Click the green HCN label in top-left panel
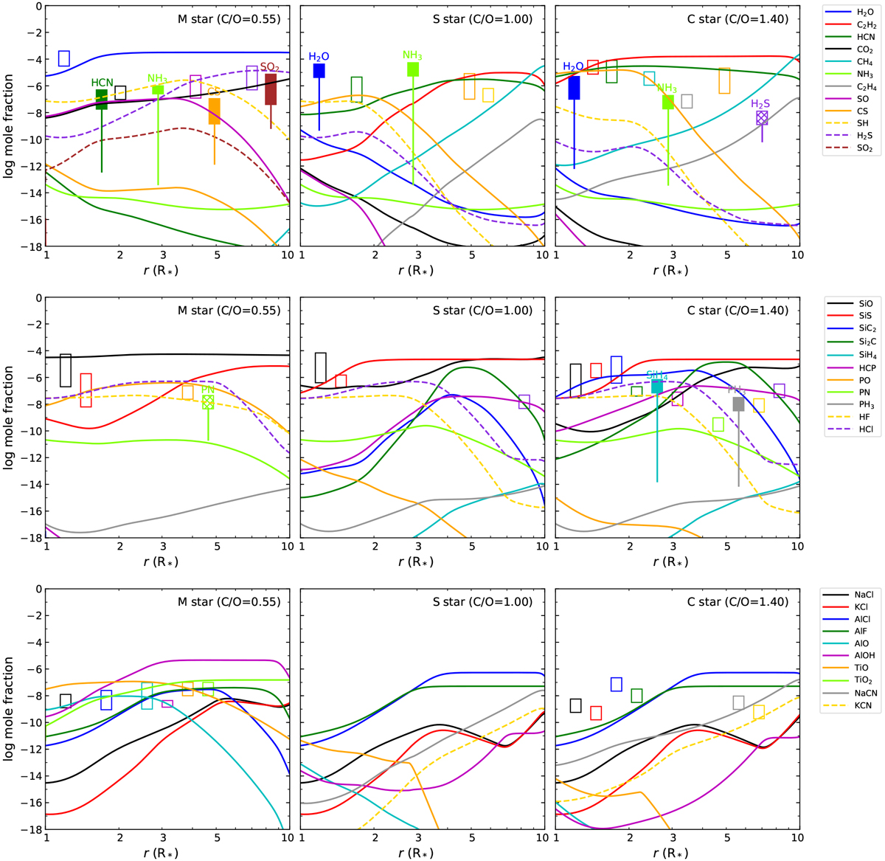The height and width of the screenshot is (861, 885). (x=102, y=83)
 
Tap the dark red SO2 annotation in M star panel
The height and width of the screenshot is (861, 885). (x=269, y=67)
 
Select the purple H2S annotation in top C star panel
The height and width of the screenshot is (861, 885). (x=760, y=104)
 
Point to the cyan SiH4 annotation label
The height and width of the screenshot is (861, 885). (x=656, y=375)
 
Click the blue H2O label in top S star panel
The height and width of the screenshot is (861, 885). (x=319, y=57)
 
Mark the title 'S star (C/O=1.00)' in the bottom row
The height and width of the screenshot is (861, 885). (x=482, y=601)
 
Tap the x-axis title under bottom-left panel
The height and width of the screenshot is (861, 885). (x=162, y=852)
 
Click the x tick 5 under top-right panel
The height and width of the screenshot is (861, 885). (x=727, y=255)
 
